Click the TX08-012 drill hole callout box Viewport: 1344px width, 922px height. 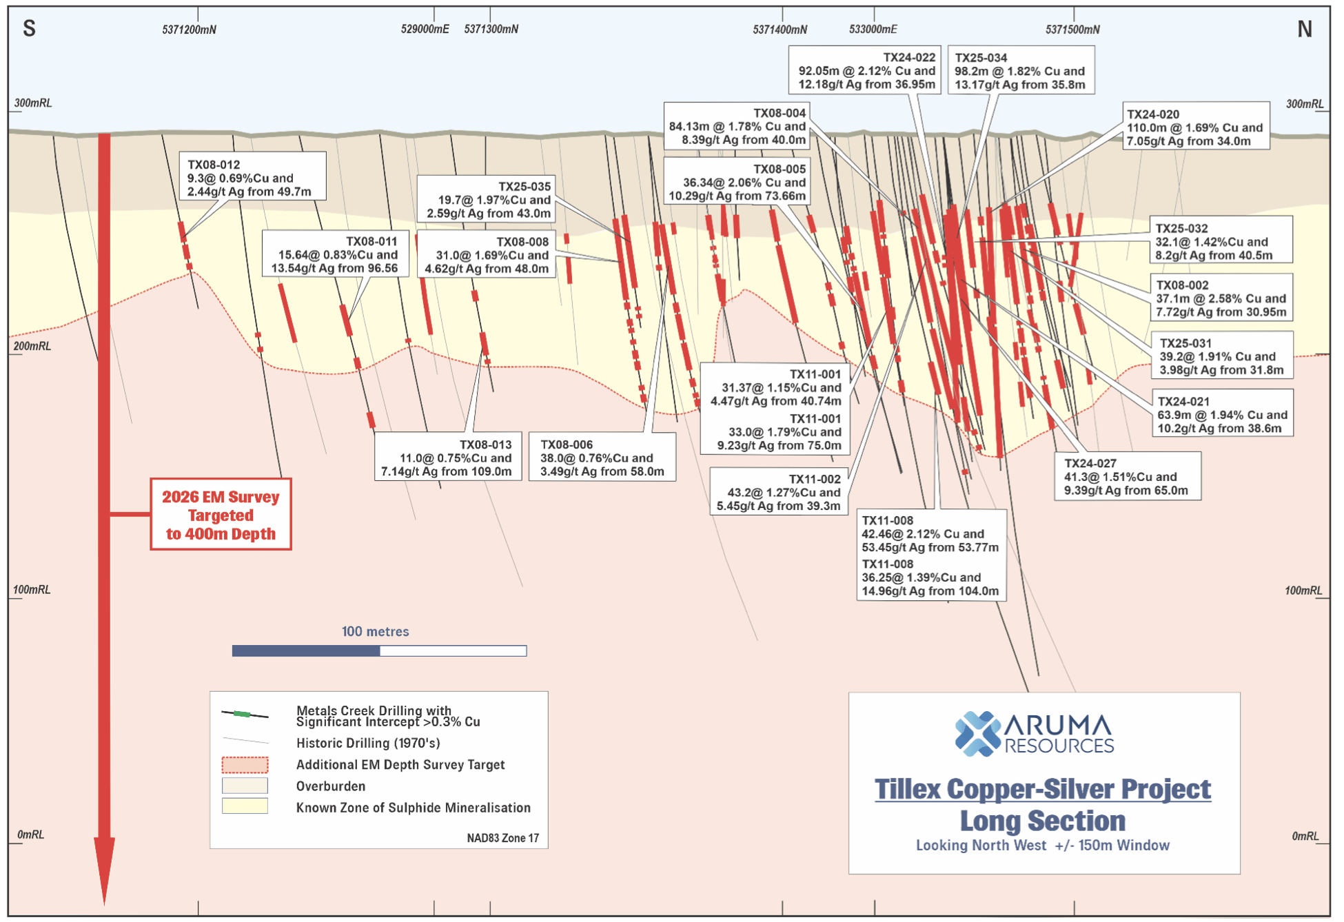pos(252,177)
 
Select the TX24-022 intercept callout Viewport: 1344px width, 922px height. pos(866,70)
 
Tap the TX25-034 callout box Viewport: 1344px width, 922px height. pos(1021,70)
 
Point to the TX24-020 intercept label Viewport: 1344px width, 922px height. pos(1195,127)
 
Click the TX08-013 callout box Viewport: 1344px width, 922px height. pos(448,458)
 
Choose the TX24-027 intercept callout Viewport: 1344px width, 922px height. pos(1127,476)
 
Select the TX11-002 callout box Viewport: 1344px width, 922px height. pos(779,492)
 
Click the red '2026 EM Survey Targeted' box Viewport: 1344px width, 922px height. pos(221,515)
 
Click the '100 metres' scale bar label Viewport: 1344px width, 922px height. pos(375,631)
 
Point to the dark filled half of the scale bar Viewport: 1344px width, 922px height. pos(306,650)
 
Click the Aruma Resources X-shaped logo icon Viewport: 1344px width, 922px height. pos(977,734)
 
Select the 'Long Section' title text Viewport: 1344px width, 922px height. pos(1042,821)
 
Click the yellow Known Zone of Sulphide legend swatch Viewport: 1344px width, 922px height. pos(245,806)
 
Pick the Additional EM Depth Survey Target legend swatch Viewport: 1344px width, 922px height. pos(245,764)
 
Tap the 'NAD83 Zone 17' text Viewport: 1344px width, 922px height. pos(502,838)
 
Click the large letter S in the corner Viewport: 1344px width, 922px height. pos(29,28)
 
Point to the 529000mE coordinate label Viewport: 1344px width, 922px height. pos(425,29)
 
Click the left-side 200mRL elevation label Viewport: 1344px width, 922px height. pos(32,346)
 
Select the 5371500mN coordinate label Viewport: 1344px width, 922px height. pos(1072,29)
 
